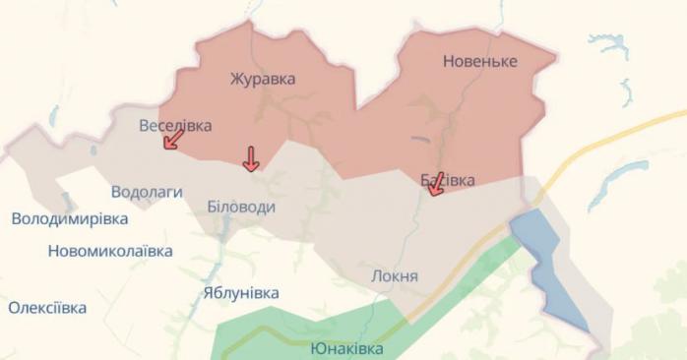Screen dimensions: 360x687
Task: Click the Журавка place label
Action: tap(263, 79)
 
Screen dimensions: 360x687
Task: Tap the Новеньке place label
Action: tap(493, 61)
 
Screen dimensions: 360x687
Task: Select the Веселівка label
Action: tap(176, 125)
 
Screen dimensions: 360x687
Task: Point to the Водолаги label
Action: tap(147, 192)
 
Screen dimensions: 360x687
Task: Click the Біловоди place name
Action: tap(241, 208)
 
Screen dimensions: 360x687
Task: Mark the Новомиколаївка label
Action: tap(110, 251)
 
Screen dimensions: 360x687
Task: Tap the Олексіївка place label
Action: tap(47, 308)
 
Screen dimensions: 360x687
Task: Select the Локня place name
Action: tap(395, 276)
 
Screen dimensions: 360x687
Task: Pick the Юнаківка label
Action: tap(347, 349)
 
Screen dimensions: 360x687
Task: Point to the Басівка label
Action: tap(448, 180)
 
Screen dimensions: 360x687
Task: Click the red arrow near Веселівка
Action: tap(173, 140)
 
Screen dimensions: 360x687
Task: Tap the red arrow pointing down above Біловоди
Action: tap(251, 158)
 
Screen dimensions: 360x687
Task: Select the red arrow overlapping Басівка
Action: tap(436, 184)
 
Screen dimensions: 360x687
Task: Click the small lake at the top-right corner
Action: tap(607, 43)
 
